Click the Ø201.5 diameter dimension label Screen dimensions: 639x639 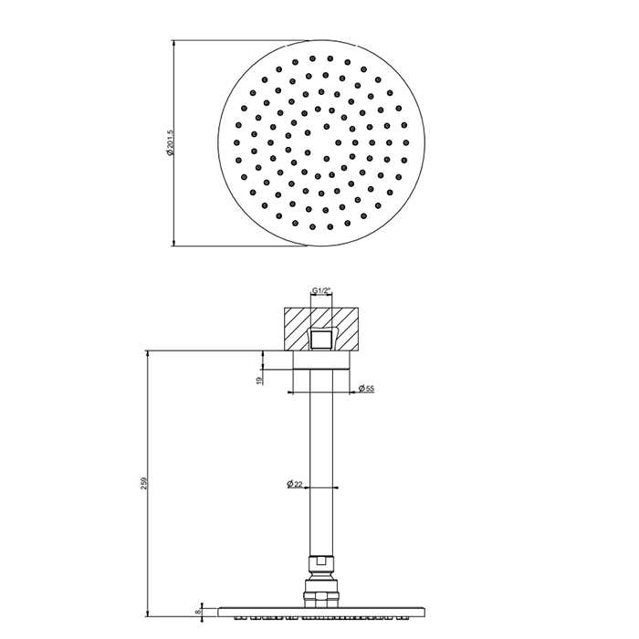click(170, 142)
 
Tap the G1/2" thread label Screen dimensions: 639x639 click(321, 290)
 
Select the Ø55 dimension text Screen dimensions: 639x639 click(366, 388)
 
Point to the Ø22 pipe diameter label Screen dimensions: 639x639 click(295, 484)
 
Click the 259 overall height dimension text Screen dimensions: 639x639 click(143, 483)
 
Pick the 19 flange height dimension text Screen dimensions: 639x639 click(258, 381)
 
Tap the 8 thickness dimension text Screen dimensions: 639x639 click(198, 613)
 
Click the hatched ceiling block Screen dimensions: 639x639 click(321, 329)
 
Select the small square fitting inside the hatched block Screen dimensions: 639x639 click(320, 340)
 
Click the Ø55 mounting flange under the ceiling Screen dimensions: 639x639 click(321, 360)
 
